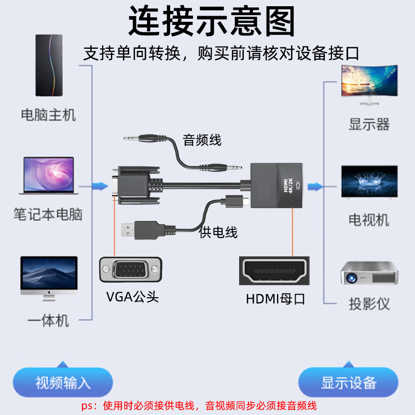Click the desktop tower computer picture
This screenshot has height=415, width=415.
click(49, 65)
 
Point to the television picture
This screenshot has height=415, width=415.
click(369, 182)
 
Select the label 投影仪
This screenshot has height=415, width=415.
click(369, 304)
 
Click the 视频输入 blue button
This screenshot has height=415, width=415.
click(63, 383)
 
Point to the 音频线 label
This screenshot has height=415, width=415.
click(202, 140)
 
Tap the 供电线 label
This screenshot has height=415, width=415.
click(218, 232)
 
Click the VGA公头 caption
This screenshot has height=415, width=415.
click(132, 297)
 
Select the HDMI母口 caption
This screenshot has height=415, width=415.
click(274, 299)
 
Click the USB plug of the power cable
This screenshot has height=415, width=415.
click(138, 230)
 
